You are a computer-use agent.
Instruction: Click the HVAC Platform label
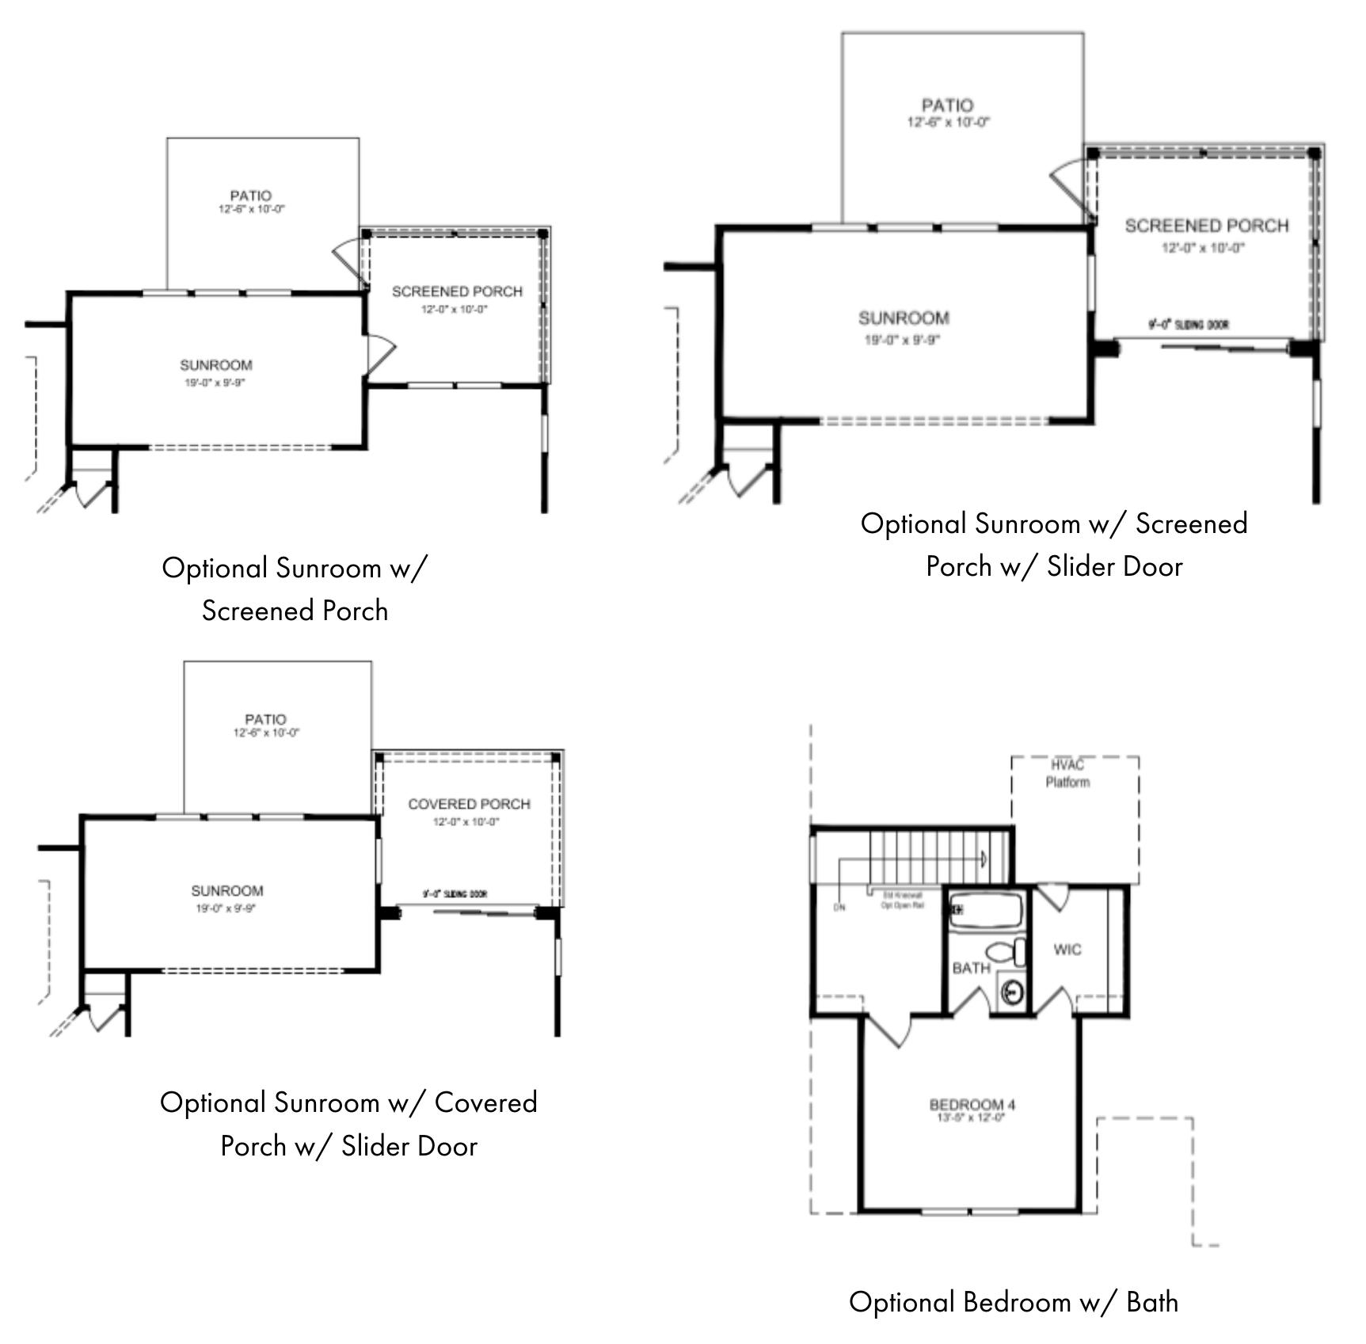(x=1067, y=774)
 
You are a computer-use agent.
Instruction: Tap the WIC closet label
(x=1067, y=950)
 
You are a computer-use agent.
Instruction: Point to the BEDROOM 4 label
(x=972, y=1105)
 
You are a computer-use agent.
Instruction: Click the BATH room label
(x=971, y=969)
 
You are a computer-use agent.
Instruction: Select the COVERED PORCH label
(x=469, y=805)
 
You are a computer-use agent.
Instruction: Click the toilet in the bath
(x=1005, y=951)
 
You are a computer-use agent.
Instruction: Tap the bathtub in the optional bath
(x=987, y=910)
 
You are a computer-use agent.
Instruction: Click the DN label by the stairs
(x=839, y=908)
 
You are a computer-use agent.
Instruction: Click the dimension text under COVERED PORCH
(x=466, y=822)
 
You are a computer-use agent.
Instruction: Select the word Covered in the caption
(x=486, y=1102)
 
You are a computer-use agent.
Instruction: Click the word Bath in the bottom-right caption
(x=1152, y=1302)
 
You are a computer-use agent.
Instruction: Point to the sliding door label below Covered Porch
(x=455, y=894)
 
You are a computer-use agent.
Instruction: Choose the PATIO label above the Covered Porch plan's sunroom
(x=265, y=719)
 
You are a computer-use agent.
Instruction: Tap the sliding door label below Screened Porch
(x=1189, y=325)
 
